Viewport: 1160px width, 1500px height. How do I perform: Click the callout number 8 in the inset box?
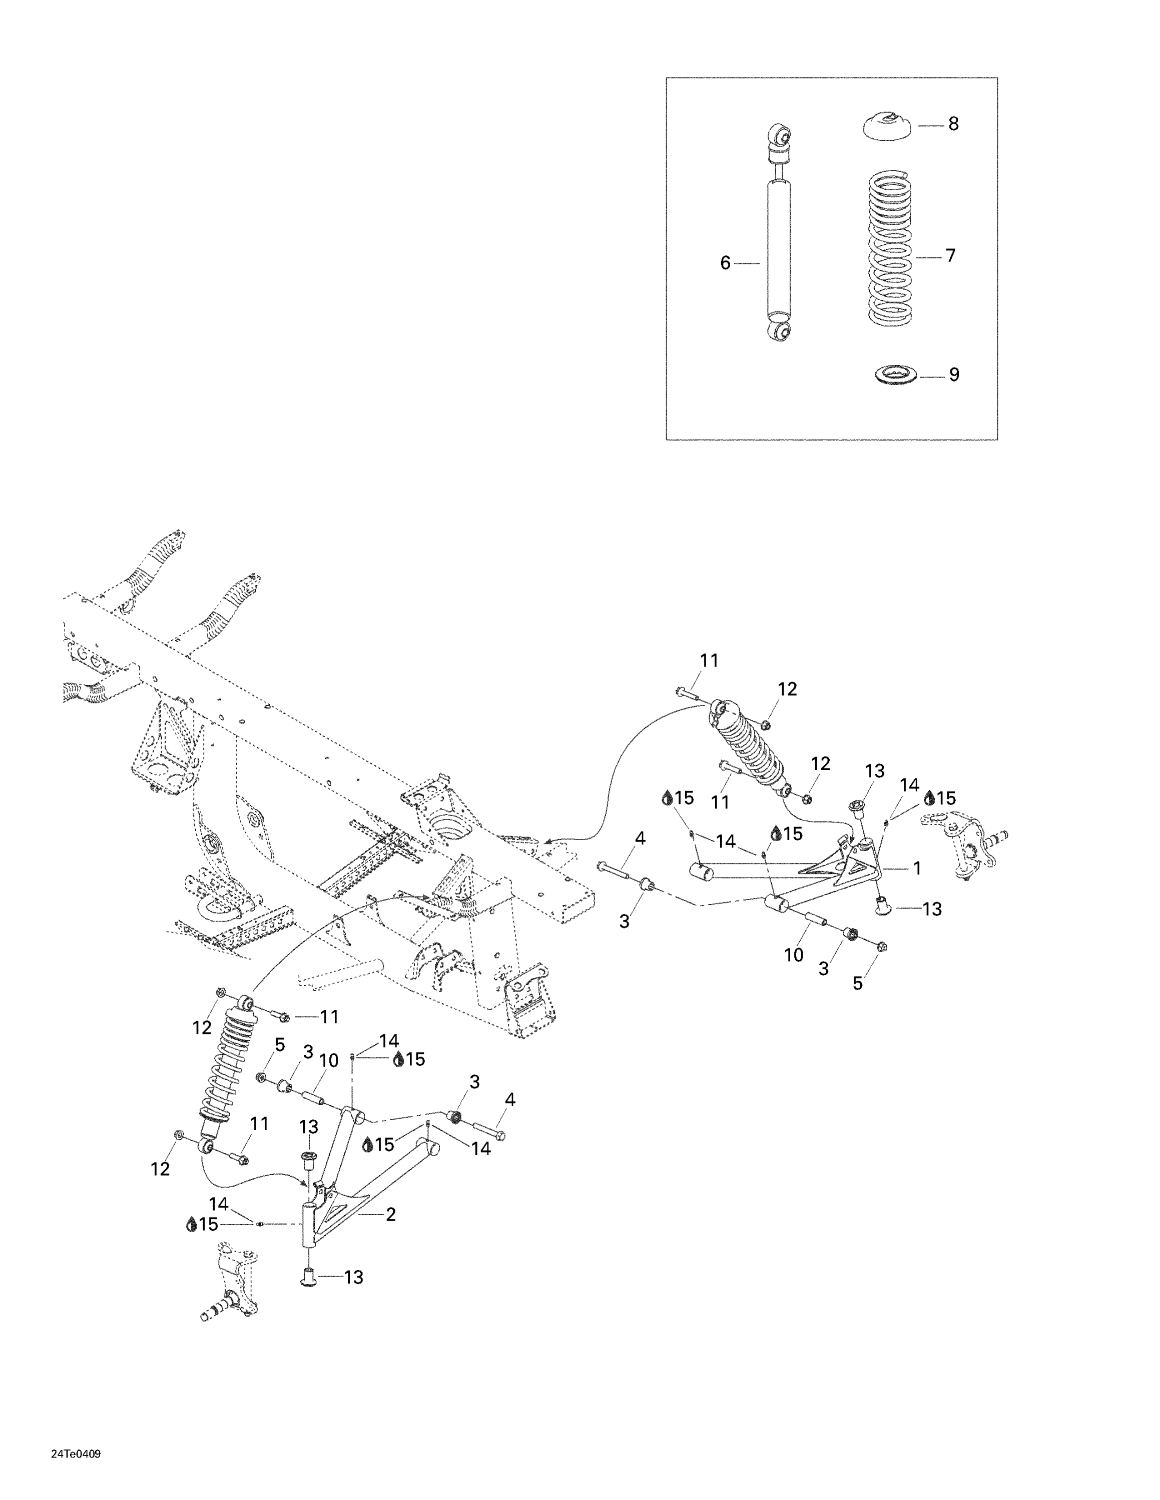[953, 124]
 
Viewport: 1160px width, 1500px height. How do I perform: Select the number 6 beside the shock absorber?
[725, 263]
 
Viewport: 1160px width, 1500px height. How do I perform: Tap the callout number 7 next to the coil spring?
[950, 256]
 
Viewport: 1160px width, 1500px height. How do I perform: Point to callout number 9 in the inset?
[954, 375]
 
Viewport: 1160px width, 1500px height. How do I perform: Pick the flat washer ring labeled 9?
[895, 375]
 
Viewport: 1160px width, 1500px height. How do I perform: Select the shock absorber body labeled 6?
[778, 247]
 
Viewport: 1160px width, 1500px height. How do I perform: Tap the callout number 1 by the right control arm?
[917, 869]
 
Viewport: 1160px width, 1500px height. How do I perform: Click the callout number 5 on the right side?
[858, 983]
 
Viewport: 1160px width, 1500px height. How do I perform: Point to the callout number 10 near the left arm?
[329, 1060]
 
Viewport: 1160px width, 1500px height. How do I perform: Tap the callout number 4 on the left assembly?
[509, 1100]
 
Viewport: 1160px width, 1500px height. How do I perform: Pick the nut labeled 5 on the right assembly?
[882, 946]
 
